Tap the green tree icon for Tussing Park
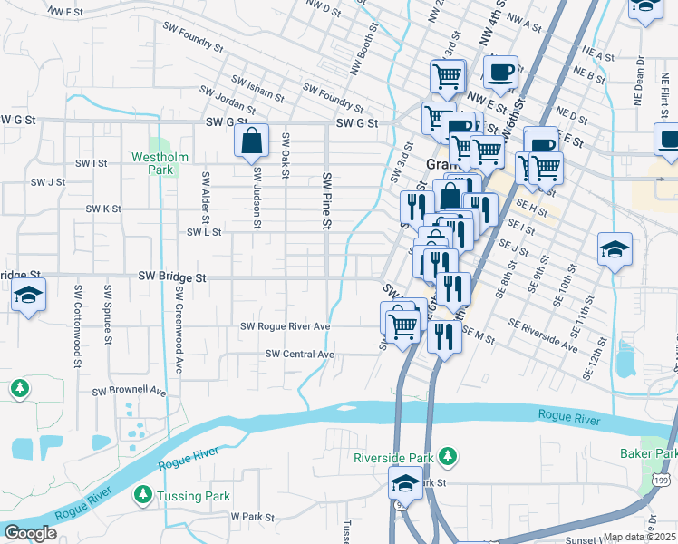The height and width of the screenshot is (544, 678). [x=142, y=495]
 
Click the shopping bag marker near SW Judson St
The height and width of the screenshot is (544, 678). [x=252, y=141]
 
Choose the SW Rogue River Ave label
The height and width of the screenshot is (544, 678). [x=285, y=325]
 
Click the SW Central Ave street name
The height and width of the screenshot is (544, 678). [x=300, y=354]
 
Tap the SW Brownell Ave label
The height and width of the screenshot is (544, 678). [x=130, y=392]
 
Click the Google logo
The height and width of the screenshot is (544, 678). [x=29, y=533]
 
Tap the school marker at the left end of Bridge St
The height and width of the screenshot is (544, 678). [x=29, y=296]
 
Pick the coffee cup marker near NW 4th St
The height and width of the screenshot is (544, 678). [x=499, y=71]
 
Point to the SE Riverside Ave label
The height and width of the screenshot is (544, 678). [x=543, y=335]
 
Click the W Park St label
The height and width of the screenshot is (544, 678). [x=252, y=516]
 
